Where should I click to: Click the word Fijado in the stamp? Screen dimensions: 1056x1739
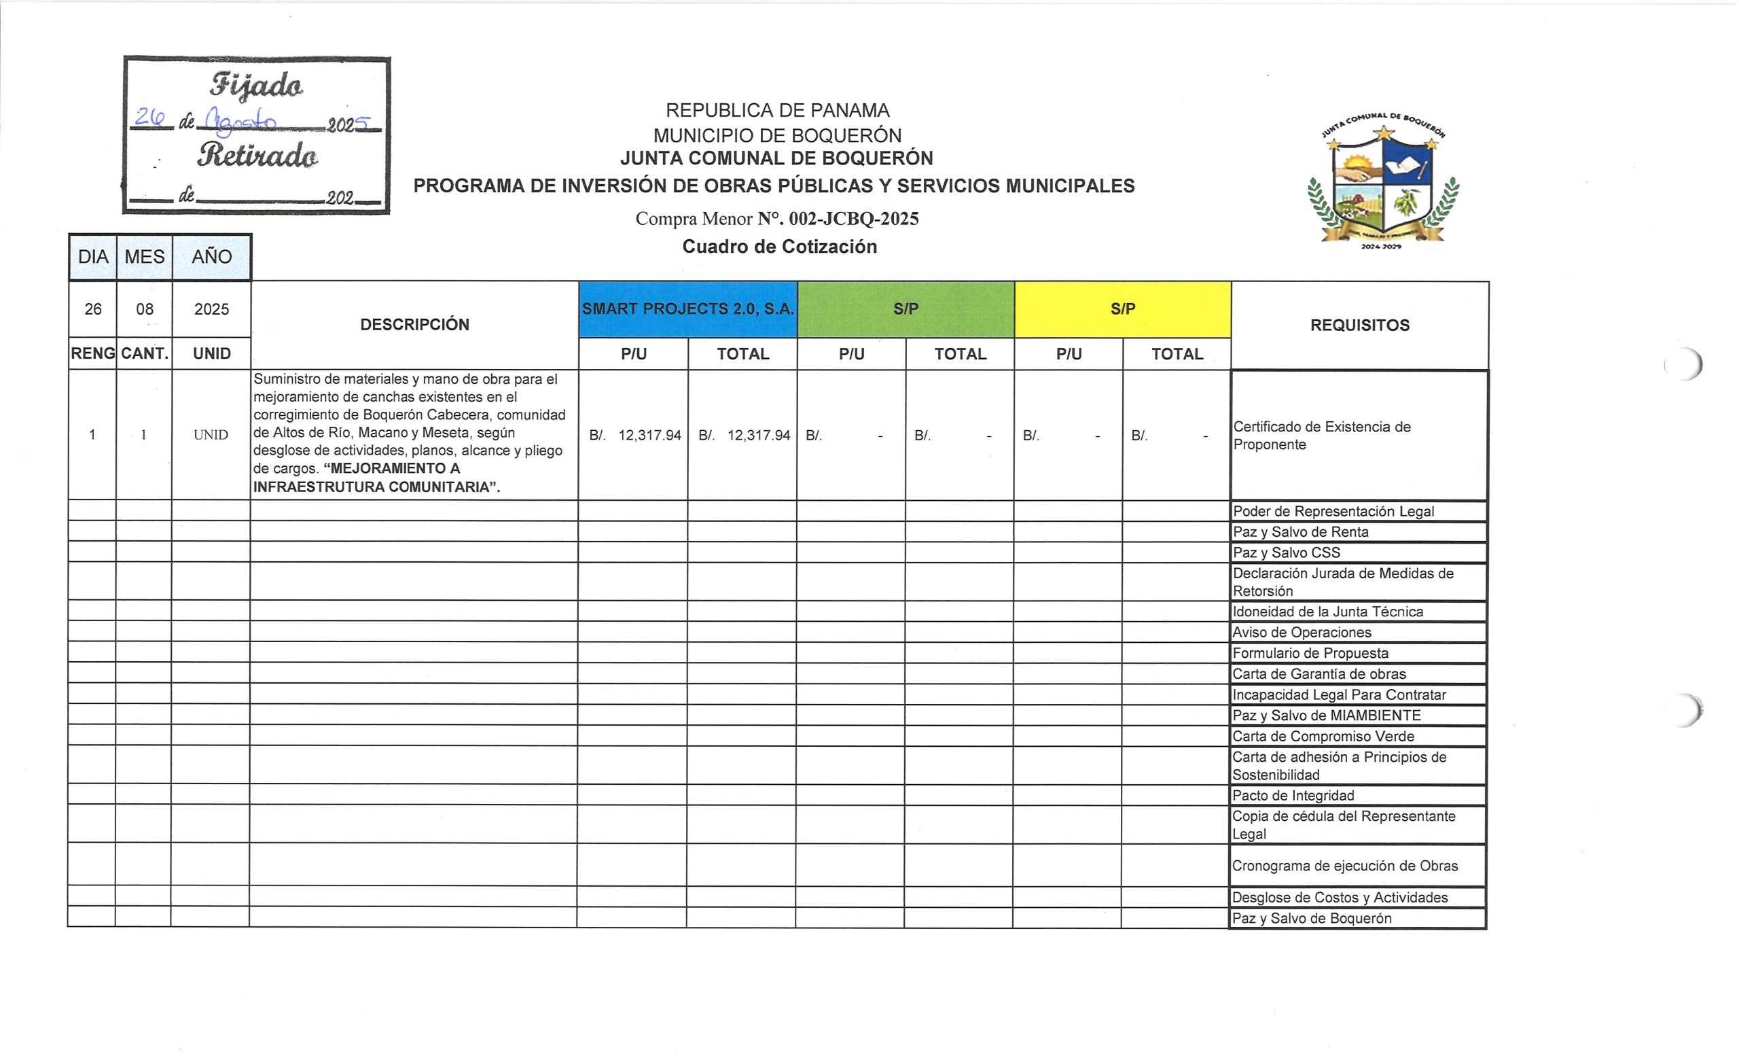pos(256,86)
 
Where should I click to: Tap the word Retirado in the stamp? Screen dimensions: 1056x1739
pos(257,156)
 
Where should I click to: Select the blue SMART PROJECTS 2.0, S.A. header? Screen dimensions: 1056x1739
pos(687,309)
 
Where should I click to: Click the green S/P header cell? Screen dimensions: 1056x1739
pos(906,309)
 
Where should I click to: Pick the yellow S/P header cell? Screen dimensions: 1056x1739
pos(1122,309)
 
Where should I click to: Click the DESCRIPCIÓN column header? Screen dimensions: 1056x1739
pos(414,325)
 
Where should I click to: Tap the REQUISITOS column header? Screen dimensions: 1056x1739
pos(1359,325)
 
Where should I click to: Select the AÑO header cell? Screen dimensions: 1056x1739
pos(212,257)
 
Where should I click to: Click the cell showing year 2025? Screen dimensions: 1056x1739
pos(212,309)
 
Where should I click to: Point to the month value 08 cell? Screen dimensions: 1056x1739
pos(145,309)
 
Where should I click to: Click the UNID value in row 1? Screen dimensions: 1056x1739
pos(211,435)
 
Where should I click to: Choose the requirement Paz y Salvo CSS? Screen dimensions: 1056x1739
pos(1286,552)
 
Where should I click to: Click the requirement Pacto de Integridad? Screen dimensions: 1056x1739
pos(1293,796)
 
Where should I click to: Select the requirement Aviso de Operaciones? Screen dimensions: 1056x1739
pos(1302,633)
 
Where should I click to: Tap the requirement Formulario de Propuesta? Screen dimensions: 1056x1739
pos(1310,654)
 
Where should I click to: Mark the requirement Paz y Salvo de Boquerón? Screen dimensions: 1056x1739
pos(1311,918)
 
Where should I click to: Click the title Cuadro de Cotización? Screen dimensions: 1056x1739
pos(779,247)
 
